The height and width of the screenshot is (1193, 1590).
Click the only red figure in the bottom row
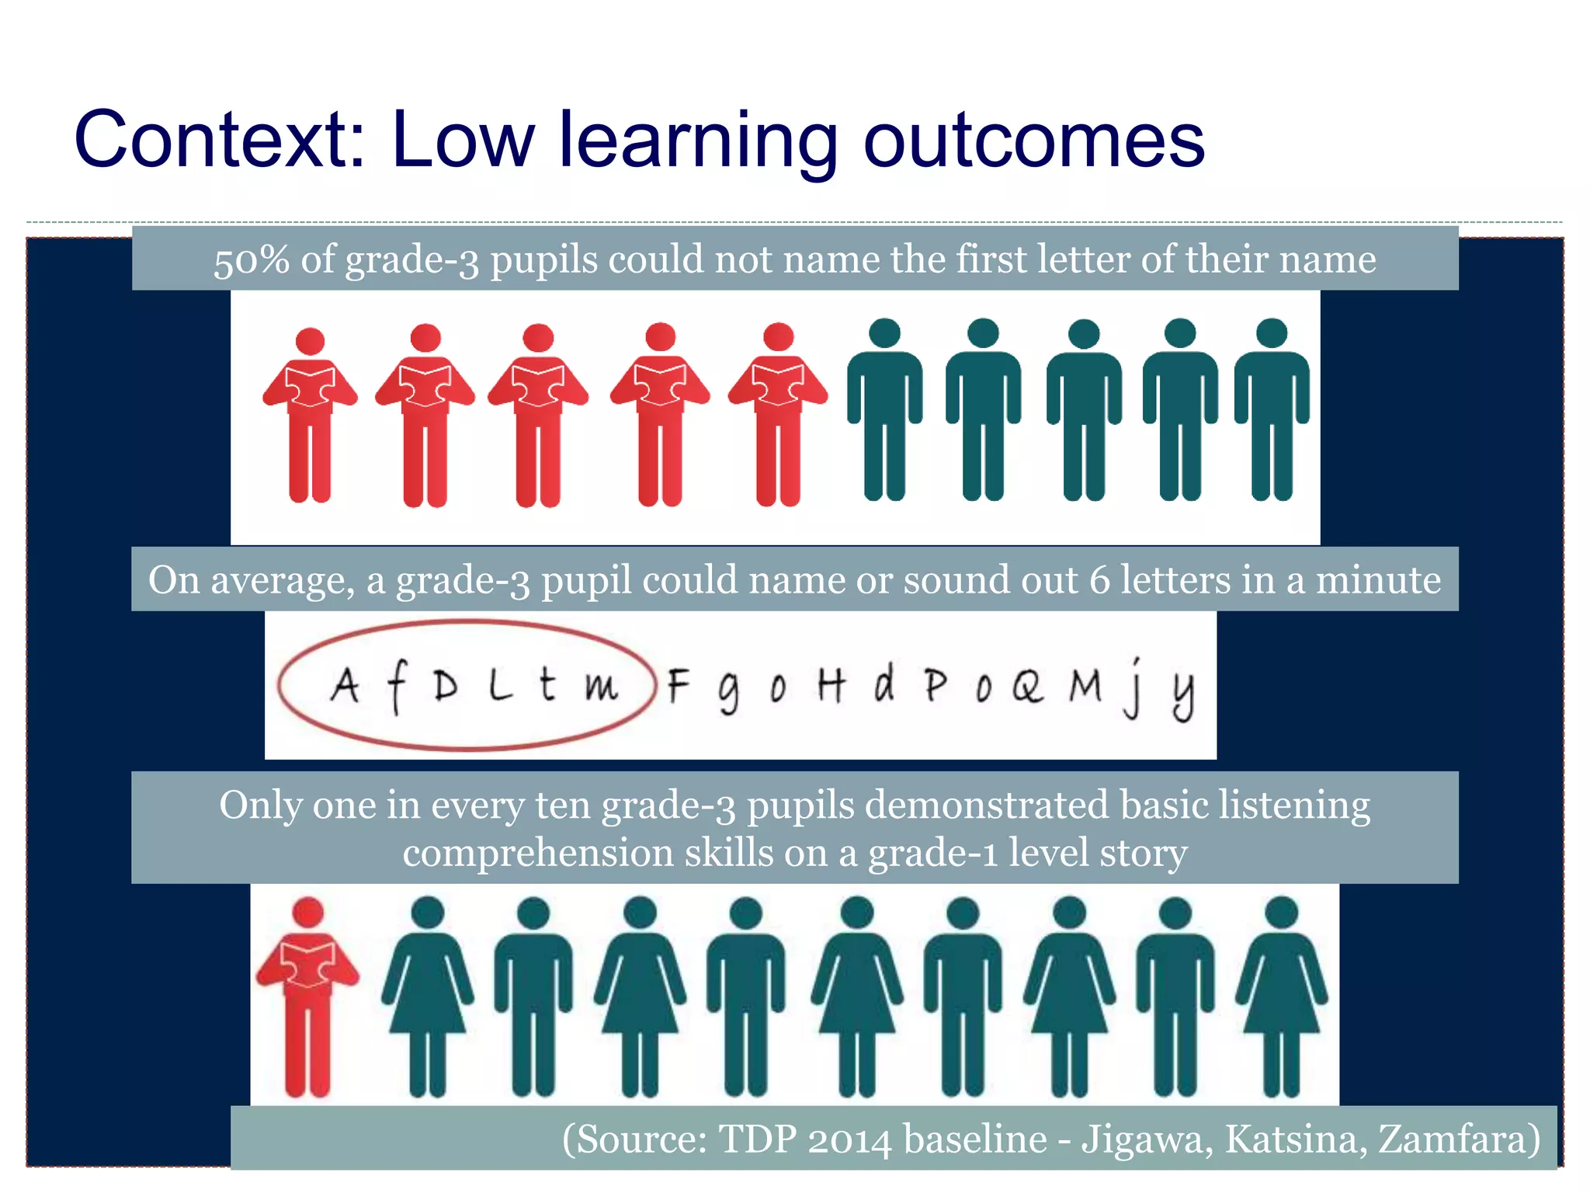[x=307, y=998]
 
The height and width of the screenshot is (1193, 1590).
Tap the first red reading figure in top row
[x=310, y=416]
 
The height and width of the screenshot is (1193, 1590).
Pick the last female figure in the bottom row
[x=1281, y=998]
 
